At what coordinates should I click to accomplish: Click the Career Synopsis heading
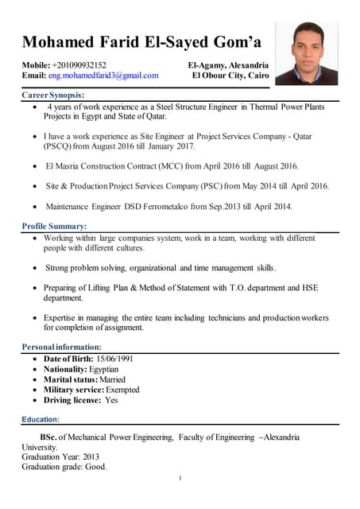pyautogui.click(x=53, y=95)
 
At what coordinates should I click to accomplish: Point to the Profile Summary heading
pyautogui.click(x=54, y=227)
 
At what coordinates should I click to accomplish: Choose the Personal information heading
pyautogui.click(x=61, y=347)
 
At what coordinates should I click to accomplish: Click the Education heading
pyautogui.click(x=41, y=418)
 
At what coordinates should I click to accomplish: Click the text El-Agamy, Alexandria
pyautogui.click(x=228, y=64)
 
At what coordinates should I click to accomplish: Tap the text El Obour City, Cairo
pyautogui.click(x=230, y=76)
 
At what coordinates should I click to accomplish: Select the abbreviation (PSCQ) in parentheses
pyautogui.click(x=57, y=147)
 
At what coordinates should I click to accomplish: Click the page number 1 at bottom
pyautogui.click(x=180, y=478)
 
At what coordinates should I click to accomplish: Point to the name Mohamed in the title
pyautogui.click(x=60, y=41)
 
